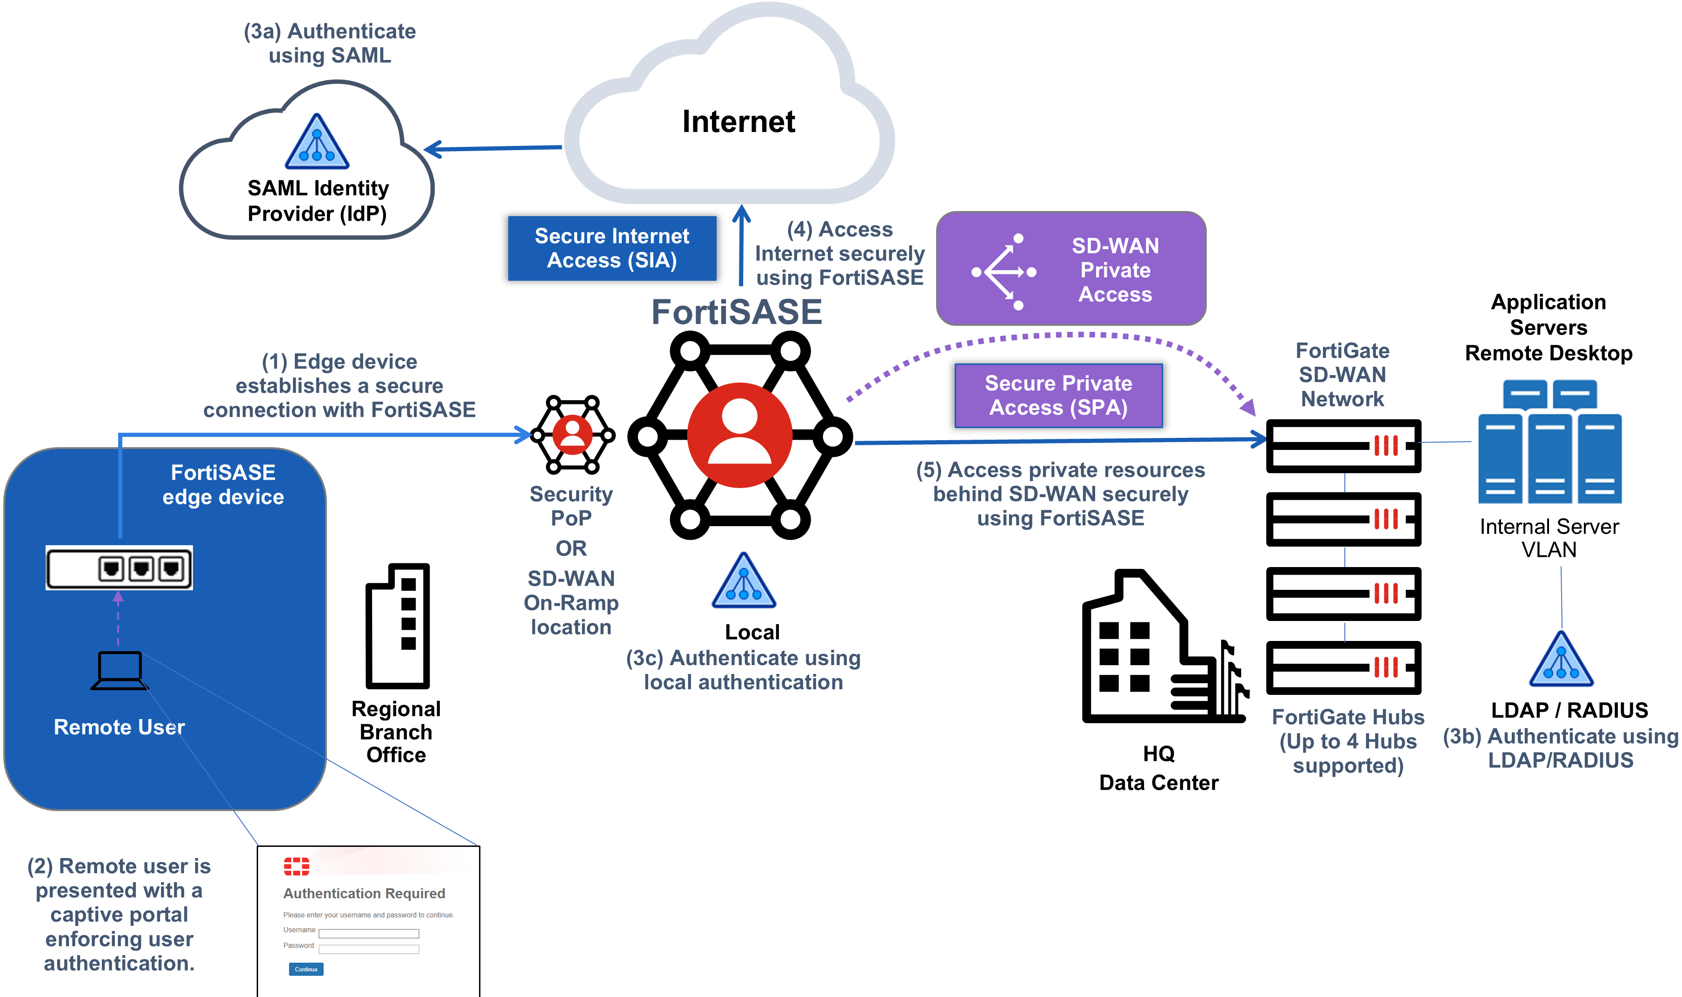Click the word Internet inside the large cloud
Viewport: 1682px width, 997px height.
[738, 122]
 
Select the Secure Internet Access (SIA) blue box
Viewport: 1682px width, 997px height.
[612, 248]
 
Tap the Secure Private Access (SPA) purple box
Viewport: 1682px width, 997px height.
[1058, 395]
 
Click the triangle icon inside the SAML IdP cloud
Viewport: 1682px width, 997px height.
[317, 142]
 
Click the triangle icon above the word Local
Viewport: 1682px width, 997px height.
[743, 582]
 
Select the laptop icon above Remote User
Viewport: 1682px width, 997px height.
[119, 670]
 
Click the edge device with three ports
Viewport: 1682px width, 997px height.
[119, 568]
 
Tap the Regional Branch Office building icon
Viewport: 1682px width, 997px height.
[397, 626]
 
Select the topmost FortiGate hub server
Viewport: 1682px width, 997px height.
[1343, 445]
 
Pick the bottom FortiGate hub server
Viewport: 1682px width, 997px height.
[1343, 667]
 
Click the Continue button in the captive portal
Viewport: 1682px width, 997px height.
[306, 969]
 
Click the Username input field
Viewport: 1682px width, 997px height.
[368, 933]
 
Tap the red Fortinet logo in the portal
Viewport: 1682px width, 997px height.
[296, 867]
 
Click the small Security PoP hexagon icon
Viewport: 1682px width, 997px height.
[572, 434]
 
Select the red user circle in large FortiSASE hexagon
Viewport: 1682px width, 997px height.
[739, 435]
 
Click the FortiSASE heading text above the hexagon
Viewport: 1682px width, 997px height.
[737, 312]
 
